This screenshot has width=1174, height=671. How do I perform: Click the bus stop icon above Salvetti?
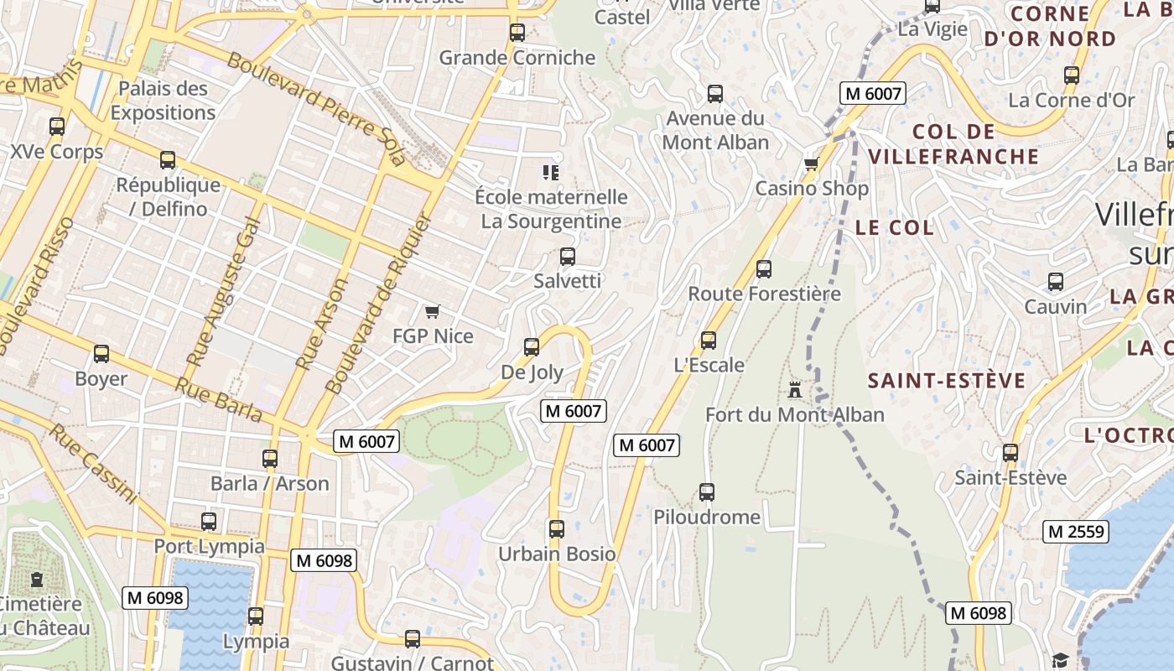568,256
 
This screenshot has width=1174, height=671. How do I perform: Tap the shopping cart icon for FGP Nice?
433,312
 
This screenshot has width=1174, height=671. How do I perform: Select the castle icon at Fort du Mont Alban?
794,390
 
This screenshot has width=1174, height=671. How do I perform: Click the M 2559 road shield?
1076,531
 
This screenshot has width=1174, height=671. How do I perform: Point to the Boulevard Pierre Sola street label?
317,109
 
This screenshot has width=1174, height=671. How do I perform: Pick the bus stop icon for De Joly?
531,346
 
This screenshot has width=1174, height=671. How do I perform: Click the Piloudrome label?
707,517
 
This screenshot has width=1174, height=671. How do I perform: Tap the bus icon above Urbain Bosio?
556,529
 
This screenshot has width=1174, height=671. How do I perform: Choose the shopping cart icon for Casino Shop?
811,164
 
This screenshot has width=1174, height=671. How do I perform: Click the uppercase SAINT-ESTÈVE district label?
947,381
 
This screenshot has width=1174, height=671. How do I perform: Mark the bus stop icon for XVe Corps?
57,127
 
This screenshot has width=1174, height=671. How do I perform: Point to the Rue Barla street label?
218,399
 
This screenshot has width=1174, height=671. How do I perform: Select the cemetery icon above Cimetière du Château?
36,579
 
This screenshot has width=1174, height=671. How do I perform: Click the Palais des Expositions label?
164,101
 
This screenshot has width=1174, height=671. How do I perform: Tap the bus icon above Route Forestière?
763,269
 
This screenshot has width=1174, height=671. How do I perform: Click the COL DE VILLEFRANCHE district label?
953,143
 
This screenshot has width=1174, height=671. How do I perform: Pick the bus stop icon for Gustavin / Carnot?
412,638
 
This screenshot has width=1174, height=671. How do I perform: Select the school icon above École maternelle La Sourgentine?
551,172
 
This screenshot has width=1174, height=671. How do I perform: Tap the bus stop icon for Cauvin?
1056,282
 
